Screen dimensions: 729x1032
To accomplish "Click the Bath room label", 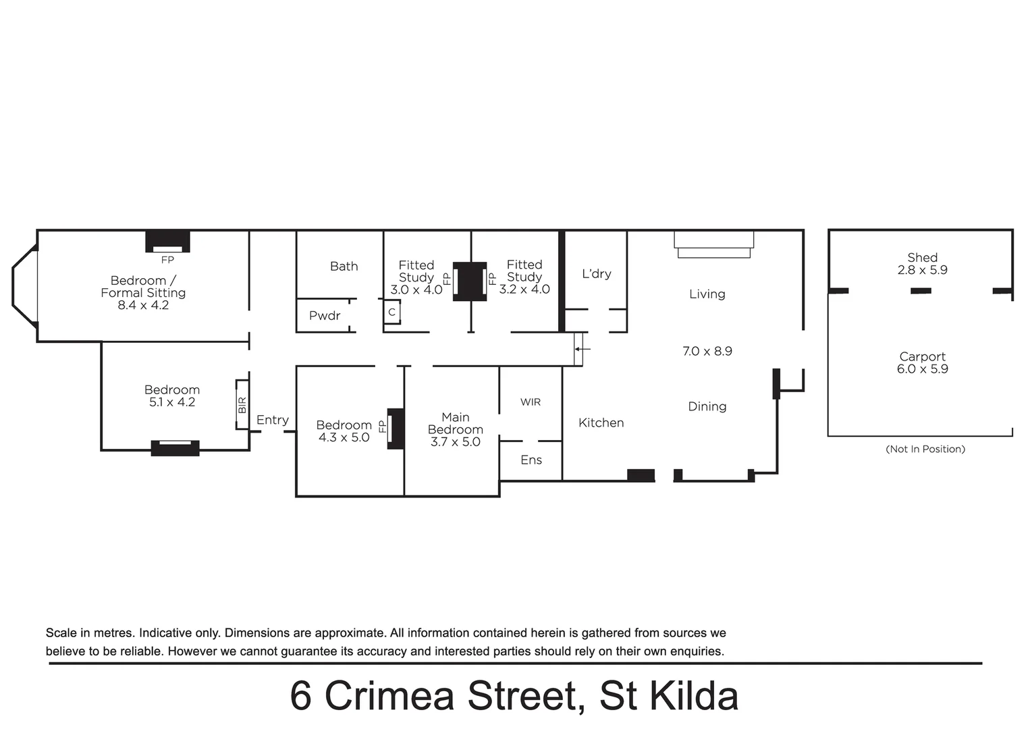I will (x=344, y=267).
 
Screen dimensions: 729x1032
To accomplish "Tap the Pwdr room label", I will (x=325, y=316).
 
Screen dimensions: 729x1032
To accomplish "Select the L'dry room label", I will (x=597, y=274).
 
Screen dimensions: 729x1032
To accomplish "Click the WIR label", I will (x=531, y=402).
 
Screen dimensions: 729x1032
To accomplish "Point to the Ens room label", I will (x=531, y=460).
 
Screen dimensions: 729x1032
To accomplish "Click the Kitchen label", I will (x=601, y=423).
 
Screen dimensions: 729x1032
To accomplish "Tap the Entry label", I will (x=273, y=420).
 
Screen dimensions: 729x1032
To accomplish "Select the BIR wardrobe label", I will (x=242, y=405).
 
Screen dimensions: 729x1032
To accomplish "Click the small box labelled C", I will (x=391, y=313).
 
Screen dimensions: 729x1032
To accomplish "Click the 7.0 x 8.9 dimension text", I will (x=707, y=351).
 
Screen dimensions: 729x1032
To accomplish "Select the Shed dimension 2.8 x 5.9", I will (x=922, y=270).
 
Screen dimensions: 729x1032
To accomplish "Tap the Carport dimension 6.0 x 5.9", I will (x=922, y=369).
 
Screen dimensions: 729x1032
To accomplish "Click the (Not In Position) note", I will (x=925, y=449).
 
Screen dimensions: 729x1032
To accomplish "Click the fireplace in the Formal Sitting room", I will (x=167, y=242).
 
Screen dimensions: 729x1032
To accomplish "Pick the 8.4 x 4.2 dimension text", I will (x=143, y=305).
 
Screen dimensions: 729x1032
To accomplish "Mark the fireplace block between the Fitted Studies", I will (x=470, y=281).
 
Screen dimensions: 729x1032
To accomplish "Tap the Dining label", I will (x=707, y=406).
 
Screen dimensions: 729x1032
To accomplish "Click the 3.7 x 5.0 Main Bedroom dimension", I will (x=456, y=442).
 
